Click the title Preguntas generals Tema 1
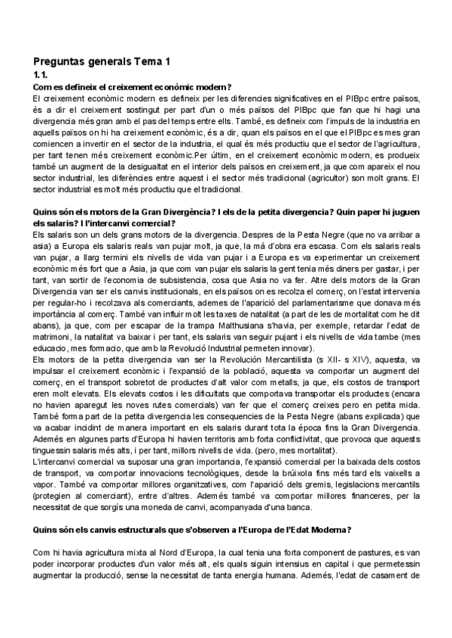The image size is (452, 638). click(x=102, y=61)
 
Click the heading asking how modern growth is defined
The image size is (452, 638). click(x=132, y=87)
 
